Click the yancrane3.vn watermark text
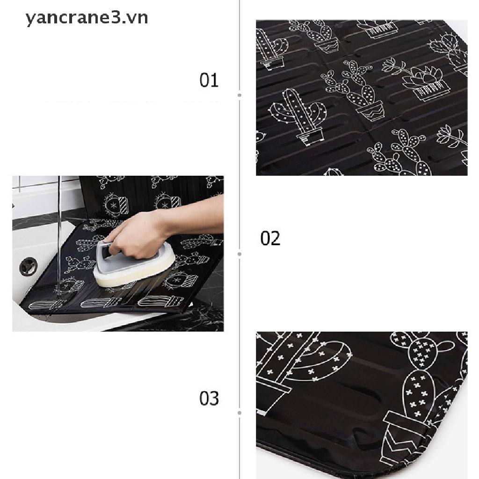[x=87, y=18]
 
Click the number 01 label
[x=209, y=80]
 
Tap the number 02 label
[x=270, y=239]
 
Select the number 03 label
[x=209, y=399]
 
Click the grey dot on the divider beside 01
[x=239, y=95]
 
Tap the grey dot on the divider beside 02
[x=239, y=254]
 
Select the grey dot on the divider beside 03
[x=239, y=413]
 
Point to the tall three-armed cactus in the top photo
[x=299, y=115]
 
